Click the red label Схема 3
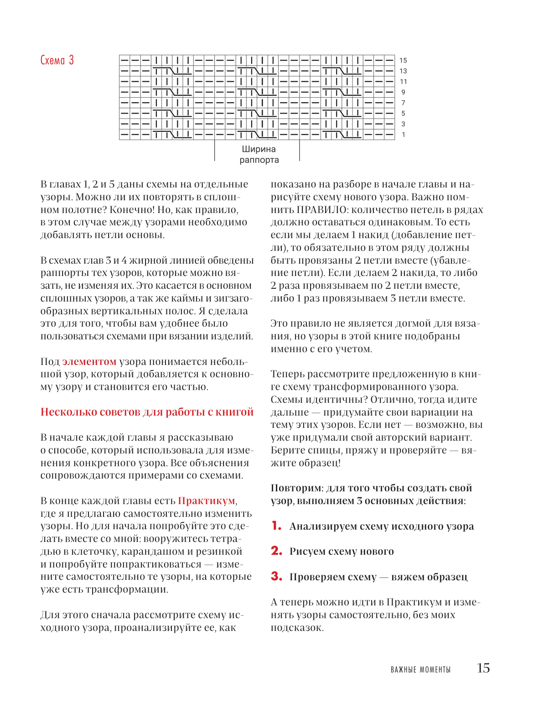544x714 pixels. pyautogui.click(x=57, y=60)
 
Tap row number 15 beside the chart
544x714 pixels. pyautogui.click(x=403, y=60)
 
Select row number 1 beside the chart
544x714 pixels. pyautogui.click(x=404, y=135)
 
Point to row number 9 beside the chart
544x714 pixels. pyautogui.click(x=403, y=92)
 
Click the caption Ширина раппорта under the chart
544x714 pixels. pyautogui.click(x=259, y=155)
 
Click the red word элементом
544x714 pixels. pyautogui.click(x=89, y=362)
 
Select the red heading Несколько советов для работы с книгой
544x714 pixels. pyautogui.click(x=147, y=412)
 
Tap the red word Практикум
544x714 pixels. pyautogui.click(x=207, y=501)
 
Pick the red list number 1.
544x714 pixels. pyautogui.click(x=276, y=526)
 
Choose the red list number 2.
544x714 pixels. pyautogui.click(x=276, y=551)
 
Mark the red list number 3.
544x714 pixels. pyautogui.click(x=276, y=576)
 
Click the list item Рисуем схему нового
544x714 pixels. pyautogui.click(x=342, y=552)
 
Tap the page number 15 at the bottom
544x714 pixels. pyautogui.click(x=483, y=668)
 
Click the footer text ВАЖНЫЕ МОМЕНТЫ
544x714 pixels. pyautogui.click(x=420, y=670)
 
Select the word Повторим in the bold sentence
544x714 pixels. pyautogui.click(x=296, y=488)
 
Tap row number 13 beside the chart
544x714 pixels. pyautogui.click(x=403, y=71)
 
